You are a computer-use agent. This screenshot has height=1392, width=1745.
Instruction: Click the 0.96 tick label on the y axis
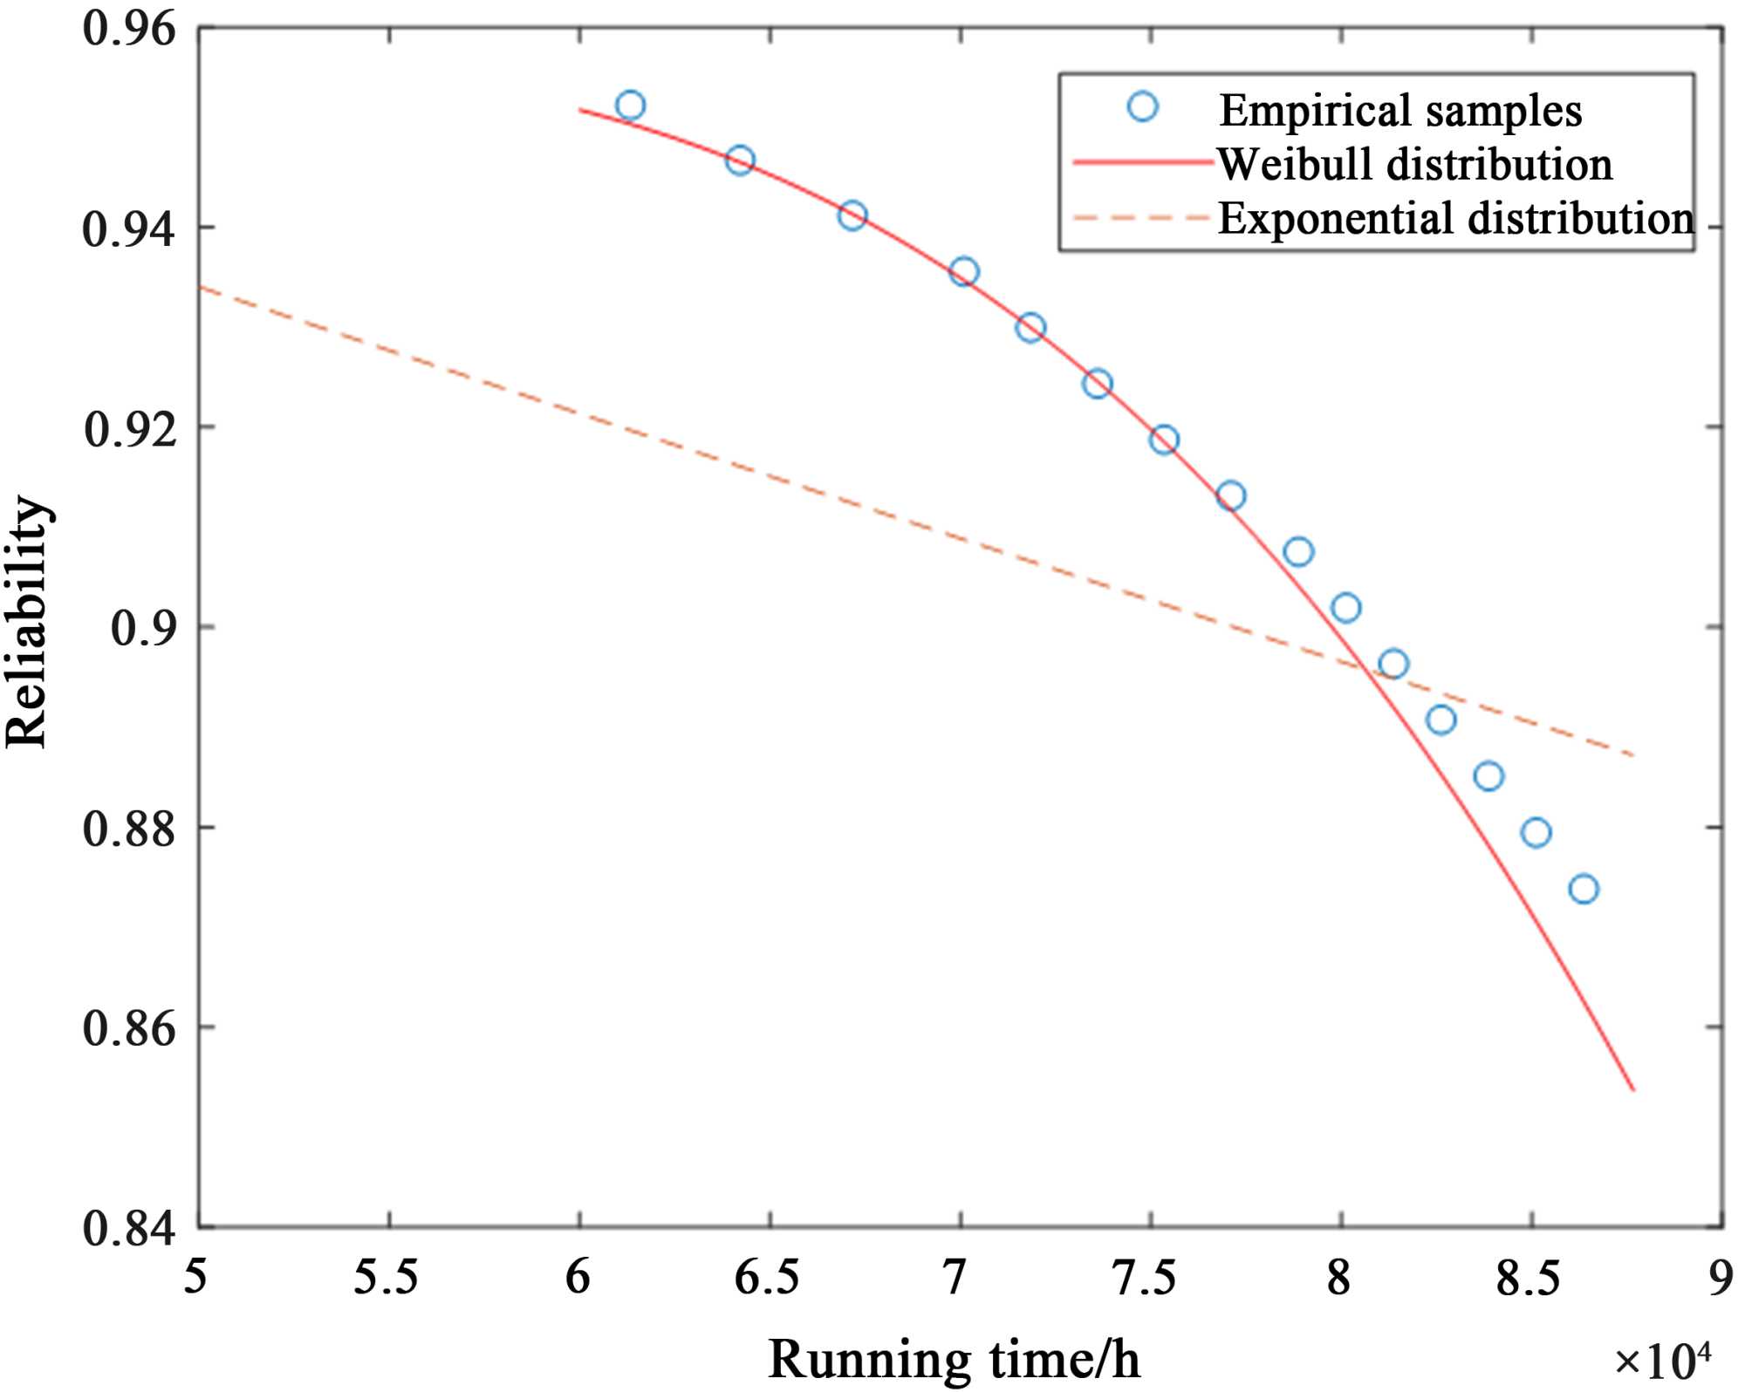point(129,30)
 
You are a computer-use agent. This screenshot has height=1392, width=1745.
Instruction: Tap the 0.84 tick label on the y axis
point(129,1228)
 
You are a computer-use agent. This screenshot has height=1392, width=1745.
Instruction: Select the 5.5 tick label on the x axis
point(387,1279)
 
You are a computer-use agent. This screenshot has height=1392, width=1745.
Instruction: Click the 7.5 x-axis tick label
point(1150,1279)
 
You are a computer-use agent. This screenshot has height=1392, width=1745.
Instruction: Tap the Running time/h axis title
point(954,1359)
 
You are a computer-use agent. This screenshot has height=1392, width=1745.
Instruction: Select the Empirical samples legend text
point(1400,111)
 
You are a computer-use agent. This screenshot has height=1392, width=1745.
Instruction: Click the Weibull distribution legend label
point(1414,165)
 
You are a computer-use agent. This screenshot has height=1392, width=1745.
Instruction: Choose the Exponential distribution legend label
point(1455,219)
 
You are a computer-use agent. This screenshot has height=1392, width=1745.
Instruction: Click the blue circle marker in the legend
point(1142,107)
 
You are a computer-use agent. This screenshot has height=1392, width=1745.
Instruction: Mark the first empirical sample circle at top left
point(630,106)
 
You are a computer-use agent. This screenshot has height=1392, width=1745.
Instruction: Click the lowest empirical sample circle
point(1584,890)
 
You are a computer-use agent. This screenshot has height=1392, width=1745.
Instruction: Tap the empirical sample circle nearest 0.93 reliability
point(1030,328)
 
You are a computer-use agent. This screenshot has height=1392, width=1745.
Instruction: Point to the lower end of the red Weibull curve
point(1632,1089)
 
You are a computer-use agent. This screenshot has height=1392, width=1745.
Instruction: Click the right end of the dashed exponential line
point(1632,755)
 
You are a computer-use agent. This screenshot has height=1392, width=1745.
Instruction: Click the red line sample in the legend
point(1142,164)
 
